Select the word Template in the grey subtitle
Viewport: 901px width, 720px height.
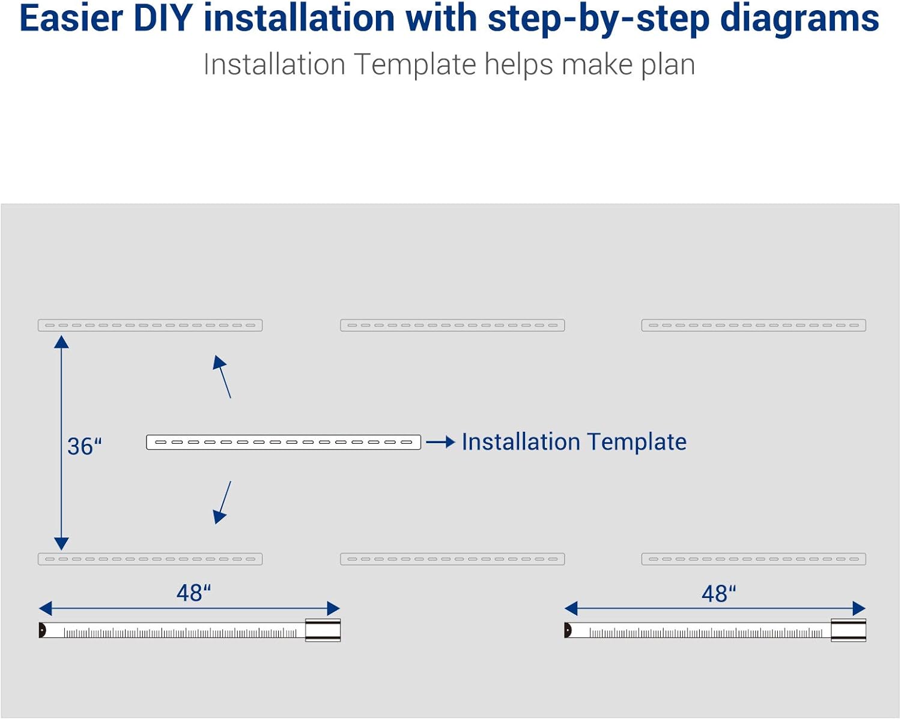tap(415, 64)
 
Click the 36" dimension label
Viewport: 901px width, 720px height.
tap(84, 446)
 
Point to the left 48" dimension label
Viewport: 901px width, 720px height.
tap(193, 593)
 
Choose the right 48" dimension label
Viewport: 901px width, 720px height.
tap(718, 593)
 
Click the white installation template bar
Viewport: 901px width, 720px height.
tap(284, 443)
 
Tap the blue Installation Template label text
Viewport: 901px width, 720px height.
tap(574, 442)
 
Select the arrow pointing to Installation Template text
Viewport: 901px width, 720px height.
tap(441, 443)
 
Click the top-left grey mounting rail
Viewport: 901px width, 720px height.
tap(150, 325)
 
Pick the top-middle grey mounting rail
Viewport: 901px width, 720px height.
tap(452, 325)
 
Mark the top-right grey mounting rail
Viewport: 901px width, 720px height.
tap(753, 325)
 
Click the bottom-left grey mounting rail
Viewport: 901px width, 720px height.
tap(150, 559)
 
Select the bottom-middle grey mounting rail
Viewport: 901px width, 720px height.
tap(452, 559)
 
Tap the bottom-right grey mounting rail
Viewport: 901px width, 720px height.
tap(753, 559)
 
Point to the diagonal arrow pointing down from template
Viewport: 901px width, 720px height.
tap(222, 502)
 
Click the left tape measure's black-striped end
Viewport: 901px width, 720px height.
tap(323, 631)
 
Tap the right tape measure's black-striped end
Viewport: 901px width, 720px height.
tap(848, 631)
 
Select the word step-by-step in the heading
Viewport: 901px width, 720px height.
tap(598, 19)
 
